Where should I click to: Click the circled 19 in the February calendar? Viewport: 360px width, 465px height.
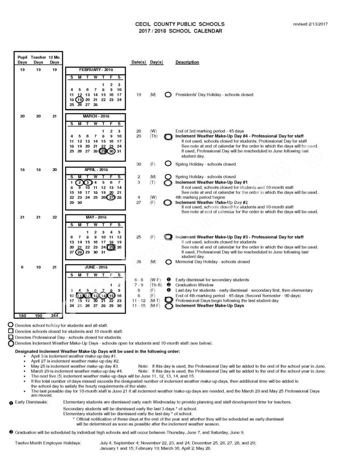pyautogui.click(x=80, y=100)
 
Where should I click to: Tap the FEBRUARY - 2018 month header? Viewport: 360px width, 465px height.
pyautogui.click(x=95, y=70)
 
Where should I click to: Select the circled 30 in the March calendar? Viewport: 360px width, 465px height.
pyautogui.click(x=111, y=152)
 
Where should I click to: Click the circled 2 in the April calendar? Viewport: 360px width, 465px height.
pyautogui.click(x=80, y=183)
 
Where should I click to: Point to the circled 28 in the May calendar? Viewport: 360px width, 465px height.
pyautogui.click(x=80, y=252)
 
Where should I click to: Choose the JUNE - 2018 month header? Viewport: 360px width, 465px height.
pyautogui.click(x=95, y=267)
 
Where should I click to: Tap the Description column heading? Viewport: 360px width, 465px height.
pyautogui.click(x=187, y=62)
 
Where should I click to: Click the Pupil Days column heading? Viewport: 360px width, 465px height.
pyautogui.click(x=22, y=59)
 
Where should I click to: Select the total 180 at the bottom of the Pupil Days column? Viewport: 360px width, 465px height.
pyautogui.click(x=22, y=315)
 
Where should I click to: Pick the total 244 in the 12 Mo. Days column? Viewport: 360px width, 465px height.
pyautogui.click(x=54, y=315)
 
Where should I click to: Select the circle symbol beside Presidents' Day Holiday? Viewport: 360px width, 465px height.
pyautogui.click(x=168, y=95)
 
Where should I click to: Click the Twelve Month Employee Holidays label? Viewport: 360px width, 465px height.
pyautogui.click(x=48, y=442)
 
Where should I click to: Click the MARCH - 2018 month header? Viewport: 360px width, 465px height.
pyautogui.click(x=95, y=116)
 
